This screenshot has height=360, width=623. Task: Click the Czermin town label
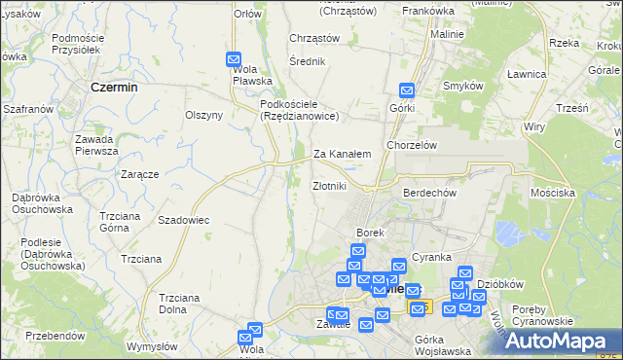[x=113, y=87]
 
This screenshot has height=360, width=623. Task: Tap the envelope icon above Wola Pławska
[x=234, y=59]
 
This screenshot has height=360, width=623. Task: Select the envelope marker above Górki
[x=406, y=90]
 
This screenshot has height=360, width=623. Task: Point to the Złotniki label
[x=329, y=186]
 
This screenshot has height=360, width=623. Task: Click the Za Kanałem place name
[x=342, y=154]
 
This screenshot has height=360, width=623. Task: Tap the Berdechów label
[x=429, y=193]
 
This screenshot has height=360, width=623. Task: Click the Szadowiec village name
[x=184, y=220]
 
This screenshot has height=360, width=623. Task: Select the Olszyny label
[x=204, y=115]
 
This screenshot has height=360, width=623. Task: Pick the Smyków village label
[x=463, y=86]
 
